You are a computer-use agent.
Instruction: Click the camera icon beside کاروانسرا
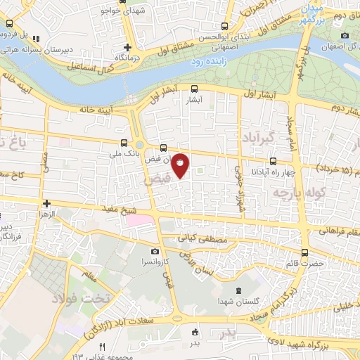pos(155,251)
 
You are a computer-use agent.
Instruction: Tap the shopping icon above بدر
pos(195,333)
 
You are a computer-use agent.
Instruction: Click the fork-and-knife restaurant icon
pos(102,347)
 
